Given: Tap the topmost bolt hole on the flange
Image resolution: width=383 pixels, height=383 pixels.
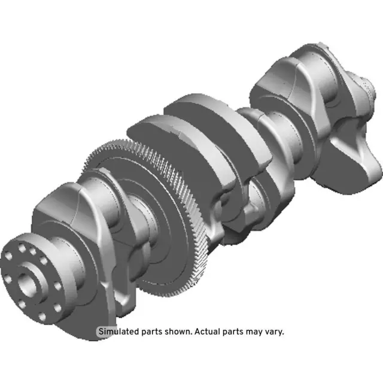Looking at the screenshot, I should pos(23,247).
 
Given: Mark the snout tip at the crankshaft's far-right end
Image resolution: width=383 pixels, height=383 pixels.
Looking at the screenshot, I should pos(370,90).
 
